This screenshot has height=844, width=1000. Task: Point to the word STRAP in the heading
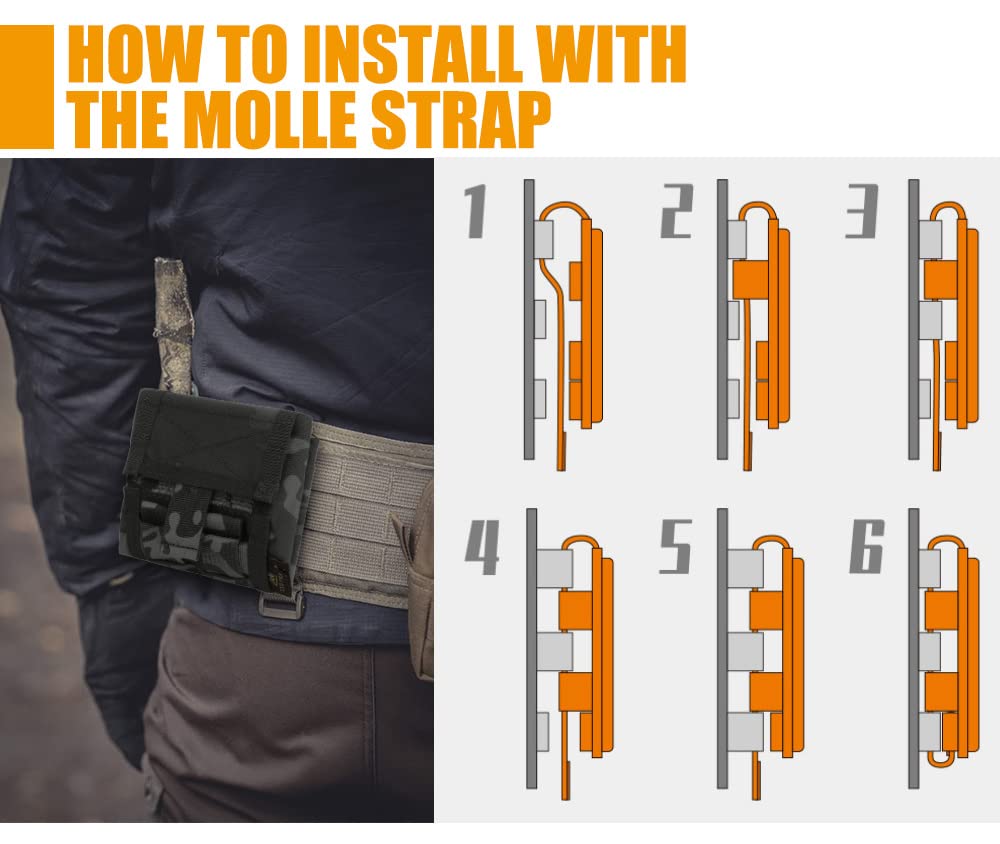460,119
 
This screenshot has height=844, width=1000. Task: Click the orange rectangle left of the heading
27,86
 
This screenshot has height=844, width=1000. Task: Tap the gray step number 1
476,212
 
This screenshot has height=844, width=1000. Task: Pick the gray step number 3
862,212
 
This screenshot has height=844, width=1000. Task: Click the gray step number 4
482,547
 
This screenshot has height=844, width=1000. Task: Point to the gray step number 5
675,546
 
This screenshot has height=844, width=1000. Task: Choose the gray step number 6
867,546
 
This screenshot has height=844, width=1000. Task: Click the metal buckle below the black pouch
281,603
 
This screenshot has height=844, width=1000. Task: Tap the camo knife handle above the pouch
173,325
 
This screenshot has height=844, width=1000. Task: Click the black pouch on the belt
217,486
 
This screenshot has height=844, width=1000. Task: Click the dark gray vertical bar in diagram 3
914,319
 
